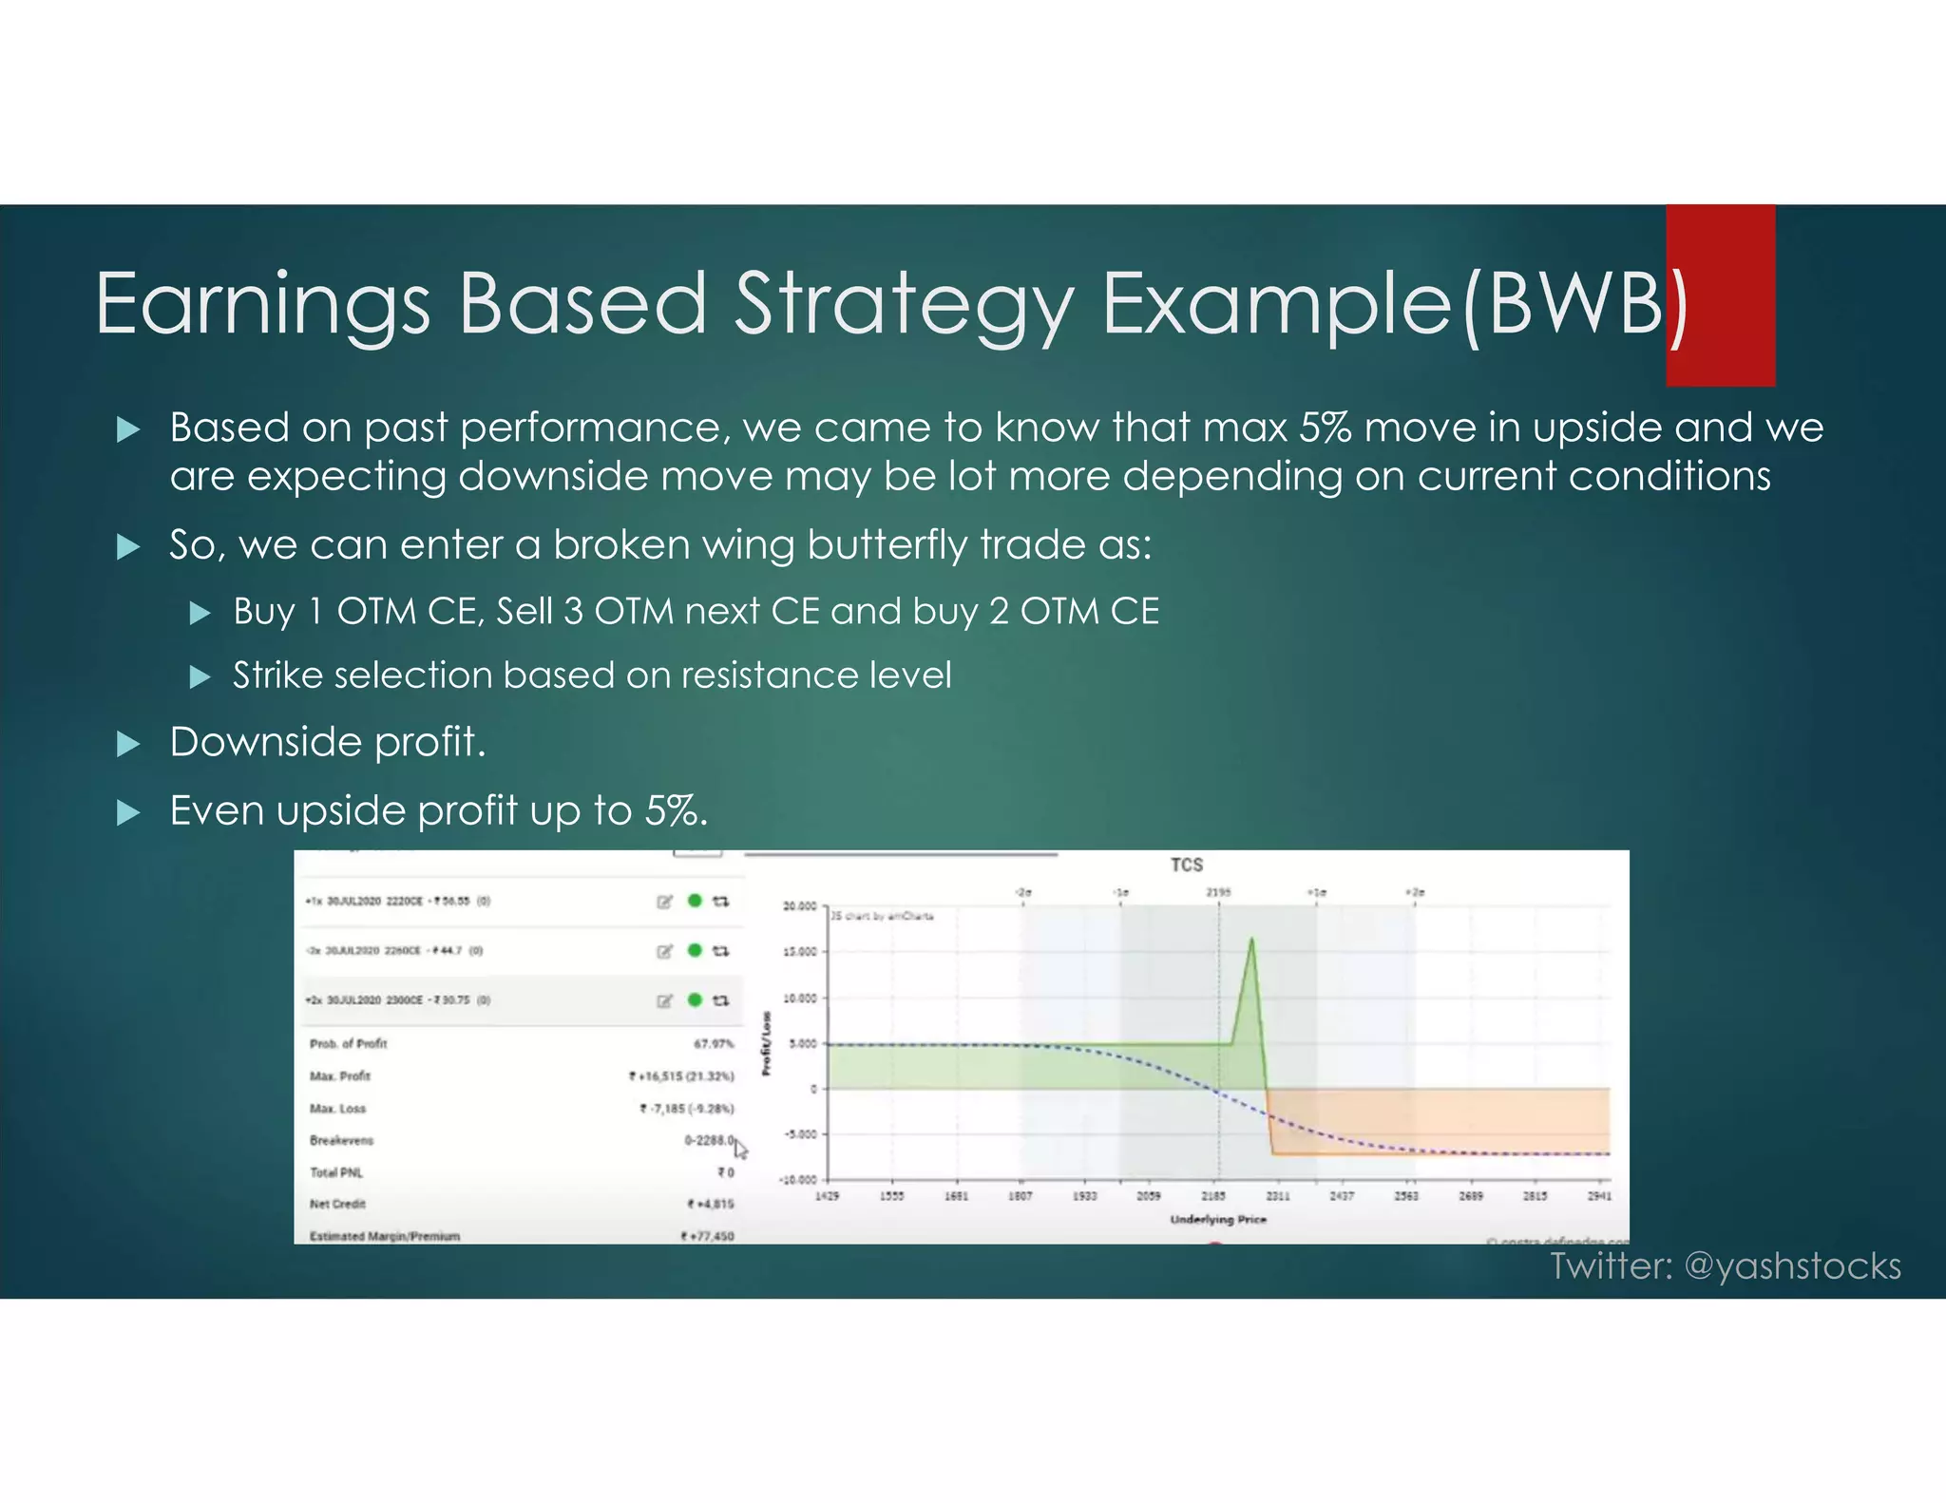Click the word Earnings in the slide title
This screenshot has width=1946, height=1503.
(x=262, y=304)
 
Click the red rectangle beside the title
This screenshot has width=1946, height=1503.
(x=1720, y=295)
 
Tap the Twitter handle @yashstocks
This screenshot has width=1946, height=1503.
(x=1792, y=1265)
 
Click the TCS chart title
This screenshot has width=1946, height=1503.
(x=1186, y=865)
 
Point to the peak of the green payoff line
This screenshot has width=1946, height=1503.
(x=1251, y=940)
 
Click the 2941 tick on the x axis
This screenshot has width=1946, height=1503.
(x=1599, y=1196)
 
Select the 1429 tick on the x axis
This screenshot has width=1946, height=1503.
(x=827, y=1196)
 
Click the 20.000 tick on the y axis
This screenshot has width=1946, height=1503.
(x=799, y=906)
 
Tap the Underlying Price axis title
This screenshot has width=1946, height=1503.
(x=1218, y=1219)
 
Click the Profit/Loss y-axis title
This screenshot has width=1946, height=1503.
(x=767, y=1044)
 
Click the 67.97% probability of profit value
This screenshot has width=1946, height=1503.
(x=713, y=1043)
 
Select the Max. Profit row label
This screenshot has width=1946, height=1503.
(x=339, y=1076)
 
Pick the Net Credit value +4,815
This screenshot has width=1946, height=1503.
(x=711, y=1204)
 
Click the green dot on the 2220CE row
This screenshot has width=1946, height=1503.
(x=695, y=901)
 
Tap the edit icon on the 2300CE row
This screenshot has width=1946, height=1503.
(x=664, y=1000)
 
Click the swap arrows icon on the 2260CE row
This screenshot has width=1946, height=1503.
(x=721, y=951)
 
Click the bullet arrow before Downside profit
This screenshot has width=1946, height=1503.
(x=127, y=743)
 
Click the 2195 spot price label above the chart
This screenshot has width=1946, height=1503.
(x=1218, y=892)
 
